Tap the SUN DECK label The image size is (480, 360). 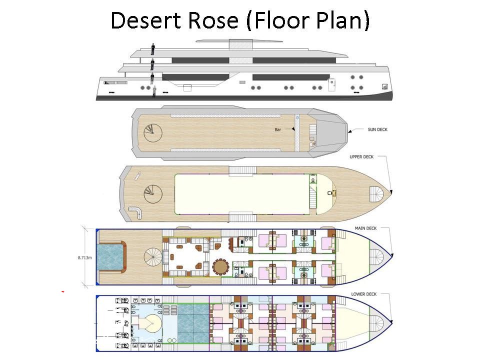click(x=377, y=129)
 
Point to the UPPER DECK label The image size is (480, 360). click(x=361, y=157)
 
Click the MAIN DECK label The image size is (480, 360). click(x=365, y=228)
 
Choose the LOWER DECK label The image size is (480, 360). click(x=363, y=294)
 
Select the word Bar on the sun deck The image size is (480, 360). click(x=278, y=129)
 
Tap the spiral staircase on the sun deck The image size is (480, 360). click(x=150, y=132)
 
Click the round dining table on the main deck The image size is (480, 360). click(x=220, y=266)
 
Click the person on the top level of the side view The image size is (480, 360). click(x=152, y=49)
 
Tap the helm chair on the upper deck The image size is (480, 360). click(x=330, y=192)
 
